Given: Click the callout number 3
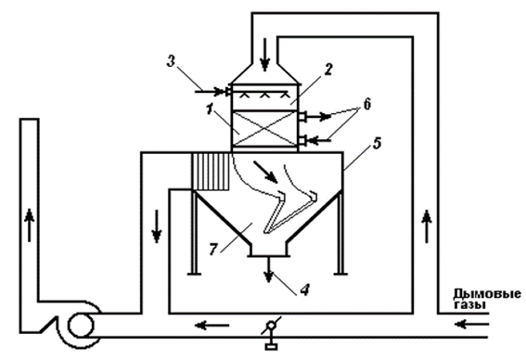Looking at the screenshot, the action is tap(171, 61).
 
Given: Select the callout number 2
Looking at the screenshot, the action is tap(327, 69).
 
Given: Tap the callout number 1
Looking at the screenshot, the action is tap(210, 109).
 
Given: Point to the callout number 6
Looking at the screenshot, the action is tap(367, 104).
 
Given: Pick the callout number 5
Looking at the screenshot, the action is tap(377, 143).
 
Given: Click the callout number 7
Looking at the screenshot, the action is tap(213, 250).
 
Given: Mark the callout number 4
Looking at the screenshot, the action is tap(304, 289).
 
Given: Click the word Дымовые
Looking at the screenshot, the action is tap(487, 294).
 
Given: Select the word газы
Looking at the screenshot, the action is tap(469, 305).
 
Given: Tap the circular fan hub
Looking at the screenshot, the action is tap(81, 325).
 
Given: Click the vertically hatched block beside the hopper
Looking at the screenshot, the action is tap(211, 172).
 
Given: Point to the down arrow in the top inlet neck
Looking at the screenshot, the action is tap(265, 55).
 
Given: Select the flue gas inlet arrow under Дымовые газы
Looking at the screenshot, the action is tap(471, 325).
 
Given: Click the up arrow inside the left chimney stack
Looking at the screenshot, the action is tap(30, 225).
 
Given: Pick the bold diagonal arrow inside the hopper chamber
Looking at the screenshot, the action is tap(265, 172).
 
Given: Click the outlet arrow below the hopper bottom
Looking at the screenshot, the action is tap(268, 270).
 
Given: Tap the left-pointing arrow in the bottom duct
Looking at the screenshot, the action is tap(212, 325).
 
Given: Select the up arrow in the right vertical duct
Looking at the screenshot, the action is tap(427, 226).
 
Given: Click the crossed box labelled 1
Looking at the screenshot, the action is tap(264, 129).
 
